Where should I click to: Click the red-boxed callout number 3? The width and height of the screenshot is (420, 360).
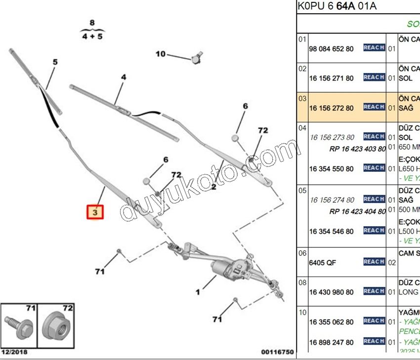(95, 212)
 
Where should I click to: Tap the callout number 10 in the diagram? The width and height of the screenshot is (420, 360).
(161, 54)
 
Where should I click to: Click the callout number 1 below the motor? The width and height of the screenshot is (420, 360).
(198, 292)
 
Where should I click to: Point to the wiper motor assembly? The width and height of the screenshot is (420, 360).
(227, 267)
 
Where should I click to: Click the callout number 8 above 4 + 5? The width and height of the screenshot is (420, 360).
(92, 23)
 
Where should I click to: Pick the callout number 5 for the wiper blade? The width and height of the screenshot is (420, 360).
(55, 62)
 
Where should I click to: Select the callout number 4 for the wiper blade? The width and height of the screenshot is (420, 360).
(124, 77)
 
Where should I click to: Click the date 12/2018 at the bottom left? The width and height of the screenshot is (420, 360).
(14, 352)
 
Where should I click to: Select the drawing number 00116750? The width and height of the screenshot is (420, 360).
(278, 352)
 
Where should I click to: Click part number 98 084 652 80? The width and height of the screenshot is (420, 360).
(332, 48)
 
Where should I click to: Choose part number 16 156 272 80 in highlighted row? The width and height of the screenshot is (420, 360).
(332, 108)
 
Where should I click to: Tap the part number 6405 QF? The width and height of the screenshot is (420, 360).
(323, 262)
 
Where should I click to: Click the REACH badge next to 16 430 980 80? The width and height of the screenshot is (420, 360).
(374, 291)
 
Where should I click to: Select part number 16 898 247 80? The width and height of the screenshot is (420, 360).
(332, 342)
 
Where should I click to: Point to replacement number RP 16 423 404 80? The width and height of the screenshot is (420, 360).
(358, 211)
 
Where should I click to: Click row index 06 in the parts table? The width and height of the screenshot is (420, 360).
(302, 253)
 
